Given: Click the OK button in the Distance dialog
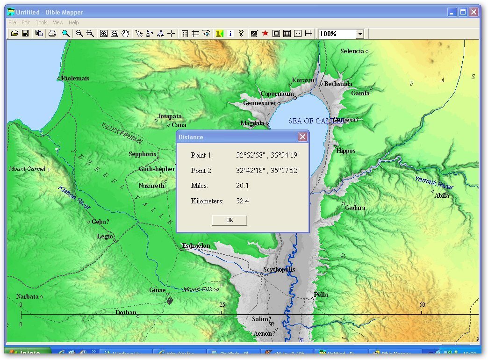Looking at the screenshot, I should (230, 220).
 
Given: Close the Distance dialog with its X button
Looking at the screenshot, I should (302, 137).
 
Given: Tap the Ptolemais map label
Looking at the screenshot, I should (75, 79).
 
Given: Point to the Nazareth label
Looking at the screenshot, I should (151, 186).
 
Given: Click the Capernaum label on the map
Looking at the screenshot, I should (277, 94).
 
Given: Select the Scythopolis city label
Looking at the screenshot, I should (279, 270).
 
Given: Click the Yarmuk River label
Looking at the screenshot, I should (434, 183).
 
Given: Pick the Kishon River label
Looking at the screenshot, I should (74, 198).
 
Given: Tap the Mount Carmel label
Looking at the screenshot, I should (27, 169).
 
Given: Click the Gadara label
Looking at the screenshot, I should (355, 208).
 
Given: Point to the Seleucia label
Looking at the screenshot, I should (352, 51).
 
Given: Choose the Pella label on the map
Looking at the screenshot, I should (321, 295).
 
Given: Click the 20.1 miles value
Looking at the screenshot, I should (243, 186).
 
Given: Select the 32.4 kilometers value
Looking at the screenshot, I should (243, 201).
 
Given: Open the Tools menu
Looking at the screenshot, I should (42, 22).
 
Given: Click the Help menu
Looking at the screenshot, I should (74, 22).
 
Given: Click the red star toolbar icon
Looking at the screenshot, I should (265, 34).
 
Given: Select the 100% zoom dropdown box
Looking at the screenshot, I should (341, 34).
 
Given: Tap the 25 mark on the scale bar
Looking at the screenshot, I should (222, 305).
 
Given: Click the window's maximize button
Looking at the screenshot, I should (463, 12).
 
